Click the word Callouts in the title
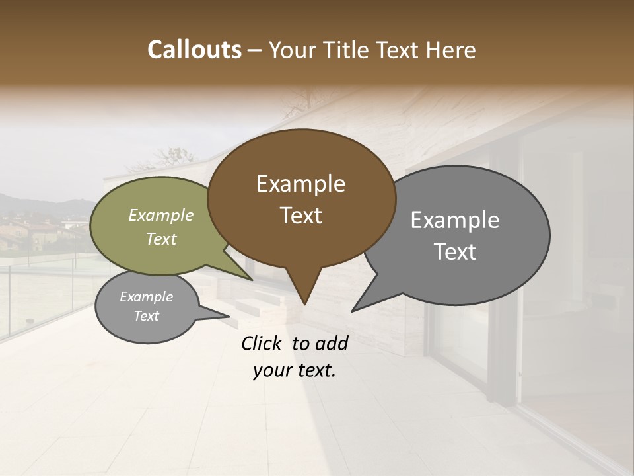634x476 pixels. tap(194, 50)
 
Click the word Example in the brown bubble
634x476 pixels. tap(300, 184)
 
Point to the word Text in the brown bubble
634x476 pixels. tap(301, 216)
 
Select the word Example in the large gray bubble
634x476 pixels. tap(455, 220)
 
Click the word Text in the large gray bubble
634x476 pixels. tap(455, 252)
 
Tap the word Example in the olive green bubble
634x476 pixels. tap(161, 216)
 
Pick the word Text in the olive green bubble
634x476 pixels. tap(161, 239)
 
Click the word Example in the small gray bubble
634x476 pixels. tap(146, 297)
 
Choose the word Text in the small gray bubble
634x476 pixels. tap(146, 316)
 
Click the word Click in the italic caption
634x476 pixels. tap(262, 343)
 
